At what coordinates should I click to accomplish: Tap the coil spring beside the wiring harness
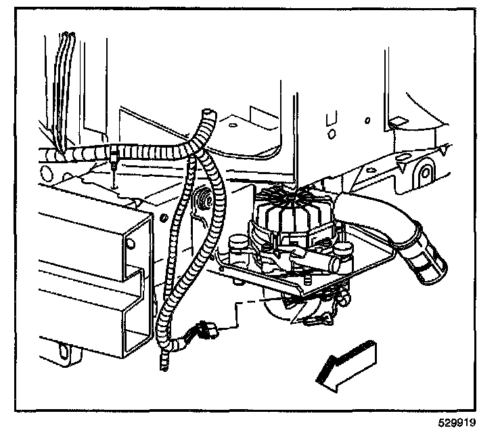201,201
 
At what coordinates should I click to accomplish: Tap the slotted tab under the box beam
64,350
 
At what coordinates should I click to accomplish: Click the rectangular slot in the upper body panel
332,122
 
